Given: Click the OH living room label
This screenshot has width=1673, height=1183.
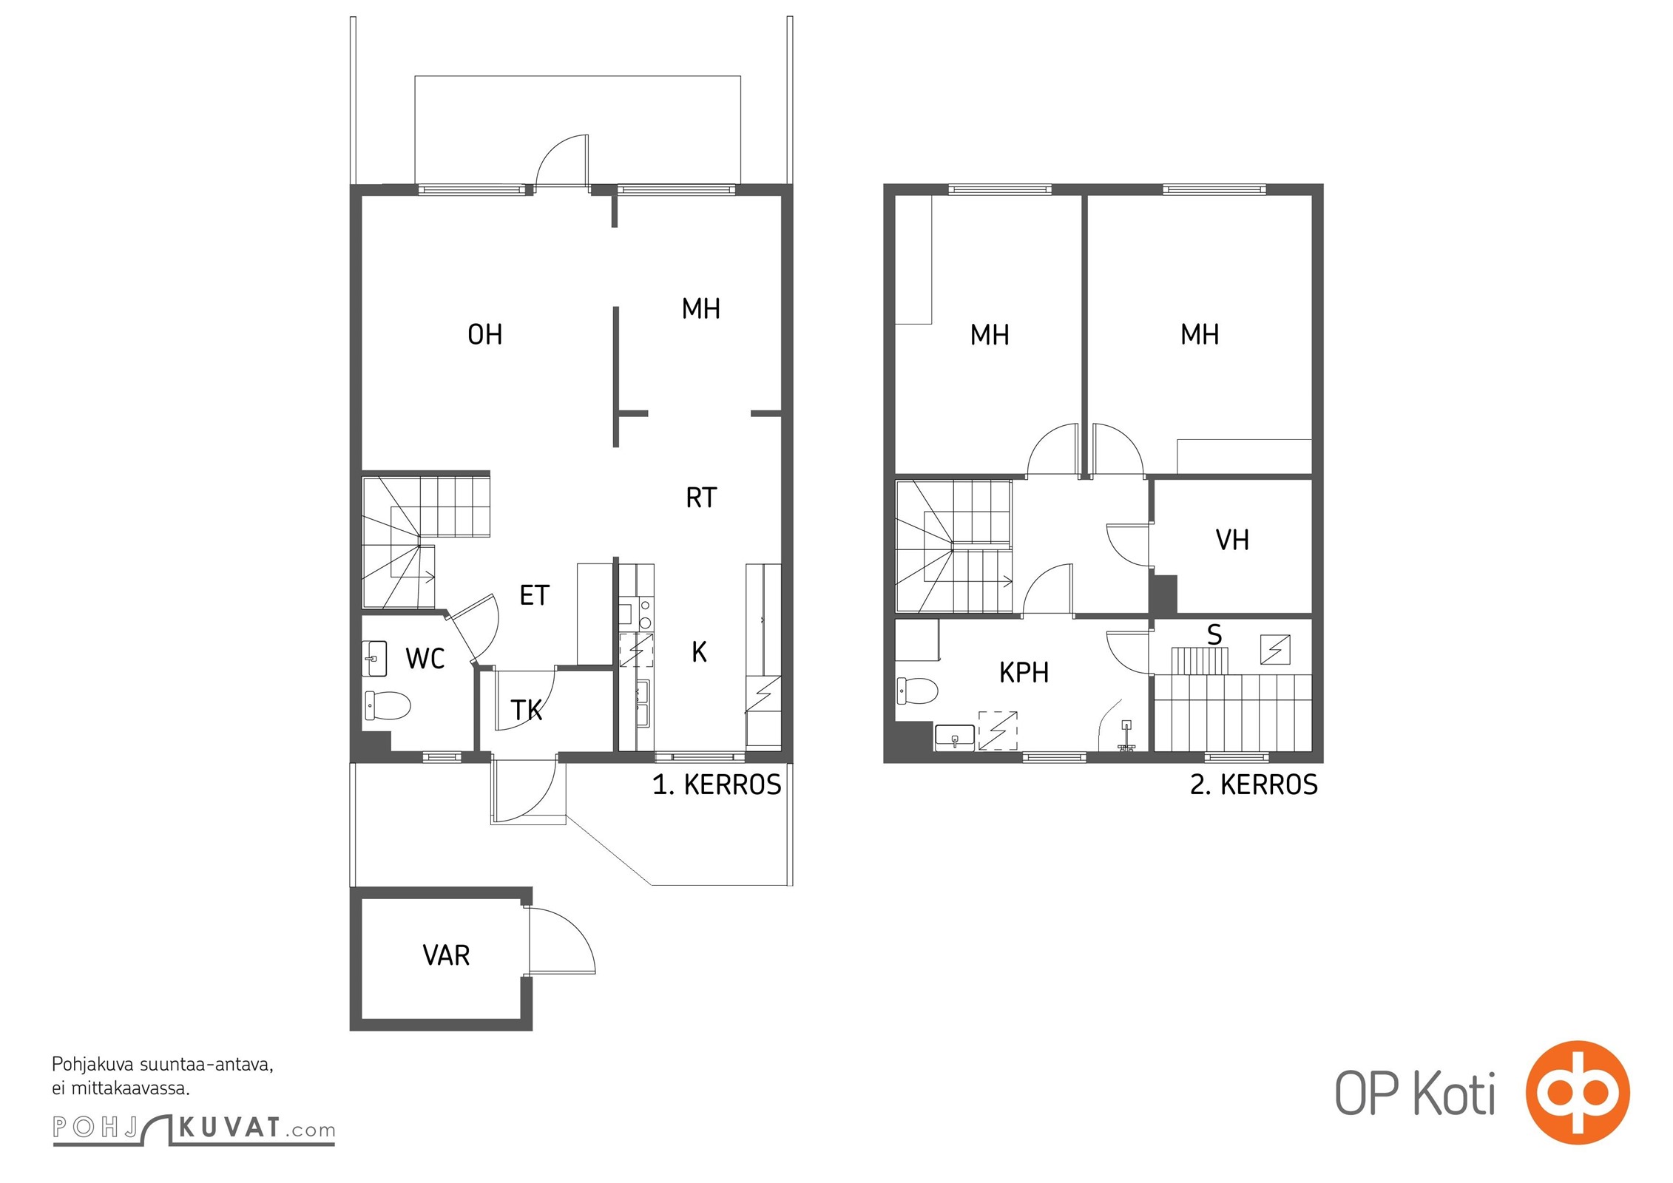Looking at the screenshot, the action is pyautogui.click(x=485, y=335).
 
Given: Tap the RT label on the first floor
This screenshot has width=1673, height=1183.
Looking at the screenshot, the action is pyautogui.click(x=701, y=498).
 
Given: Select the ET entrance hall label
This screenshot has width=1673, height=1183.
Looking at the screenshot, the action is pyautogui.click(x=534, y=595).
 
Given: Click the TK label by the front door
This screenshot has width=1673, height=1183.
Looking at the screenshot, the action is pyautogui.click(x=527, y=711).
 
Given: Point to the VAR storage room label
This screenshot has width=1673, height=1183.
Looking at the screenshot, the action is pyautogui.click(x=446, y=955).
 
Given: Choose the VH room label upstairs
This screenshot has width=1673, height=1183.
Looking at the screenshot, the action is pyautogui.click(x=1232, y=540).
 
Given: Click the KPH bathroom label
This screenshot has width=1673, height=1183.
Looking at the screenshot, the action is pyautogui.click(x=1024, y=672).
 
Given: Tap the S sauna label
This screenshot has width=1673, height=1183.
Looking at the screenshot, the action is pyautogui.click(x=1214, y=634).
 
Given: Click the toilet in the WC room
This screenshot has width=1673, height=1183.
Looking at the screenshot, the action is pyautogui.click(x=387, y=705).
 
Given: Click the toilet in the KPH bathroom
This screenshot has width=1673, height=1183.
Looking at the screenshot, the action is pyautogui.click(x=917, y=691).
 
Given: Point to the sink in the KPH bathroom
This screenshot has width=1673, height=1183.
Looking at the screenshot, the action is pyautogui.click(x=955, y=737).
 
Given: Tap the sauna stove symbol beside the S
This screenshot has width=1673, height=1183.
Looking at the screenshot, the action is pyautogui.click(x=1275, y=650).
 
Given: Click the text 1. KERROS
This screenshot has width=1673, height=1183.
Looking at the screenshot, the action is pyautogui.click(x=717, y=784).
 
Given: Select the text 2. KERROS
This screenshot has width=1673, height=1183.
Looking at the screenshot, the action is pyautogui.click(x=1254, y=784).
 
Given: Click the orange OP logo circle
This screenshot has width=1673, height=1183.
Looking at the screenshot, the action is pyautogui.click(x=1578, y=1092).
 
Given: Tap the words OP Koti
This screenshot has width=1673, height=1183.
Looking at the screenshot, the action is pyautogui.click(x=1415, y=1094).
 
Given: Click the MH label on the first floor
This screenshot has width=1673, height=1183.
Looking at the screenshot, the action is pyautogui.click(x=701, y=308).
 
